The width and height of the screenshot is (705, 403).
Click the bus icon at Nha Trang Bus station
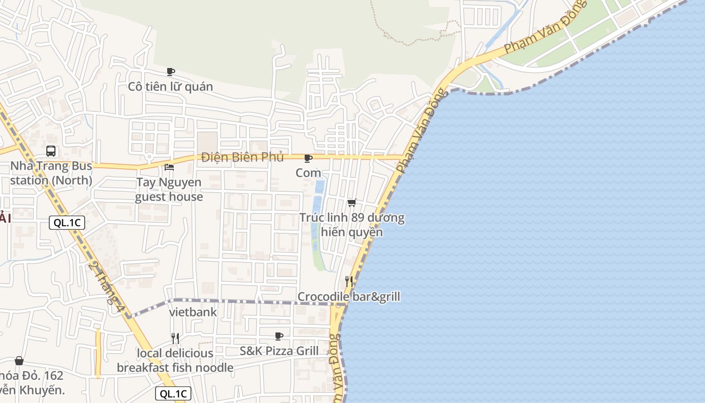[51, 151]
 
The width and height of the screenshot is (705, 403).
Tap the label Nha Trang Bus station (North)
[51, 173]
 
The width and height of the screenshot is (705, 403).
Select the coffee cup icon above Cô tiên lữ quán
[171, 72]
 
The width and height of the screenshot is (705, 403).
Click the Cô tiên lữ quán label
[170, 87]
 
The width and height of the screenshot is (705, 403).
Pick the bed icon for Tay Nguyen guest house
[169, 167]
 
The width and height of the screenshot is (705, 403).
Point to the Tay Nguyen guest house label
[169, 189]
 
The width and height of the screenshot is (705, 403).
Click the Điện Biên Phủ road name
[242, 157]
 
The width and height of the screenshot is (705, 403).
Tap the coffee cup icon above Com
[308, 158]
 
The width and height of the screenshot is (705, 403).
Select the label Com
[308, 173]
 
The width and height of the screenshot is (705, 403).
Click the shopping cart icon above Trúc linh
[352, 203]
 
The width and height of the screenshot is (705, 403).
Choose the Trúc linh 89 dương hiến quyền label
[352, 225]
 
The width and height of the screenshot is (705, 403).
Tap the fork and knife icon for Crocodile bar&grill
[349, 281]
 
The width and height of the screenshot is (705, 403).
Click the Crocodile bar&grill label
[349, 297]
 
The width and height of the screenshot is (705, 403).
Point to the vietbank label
[193, 312]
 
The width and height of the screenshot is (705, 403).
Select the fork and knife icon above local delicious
[175, 338]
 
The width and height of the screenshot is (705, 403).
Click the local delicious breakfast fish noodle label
[175, 361]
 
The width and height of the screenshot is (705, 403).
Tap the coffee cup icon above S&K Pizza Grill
[279, 336]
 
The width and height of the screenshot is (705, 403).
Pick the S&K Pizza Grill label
[279, 351]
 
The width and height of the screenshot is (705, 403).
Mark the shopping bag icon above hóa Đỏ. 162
[19, 361]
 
